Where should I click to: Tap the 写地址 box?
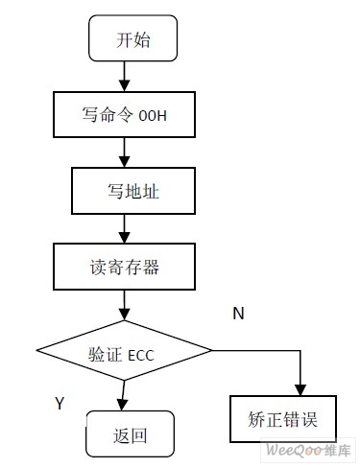[x=123, y=192]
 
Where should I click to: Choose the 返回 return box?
[x=131, y=434]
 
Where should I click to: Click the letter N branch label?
[x=238, y=313]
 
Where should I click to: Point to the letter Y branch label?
[x=60, y=404]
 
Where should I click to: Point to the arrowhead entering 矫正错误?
[x=301, y=388]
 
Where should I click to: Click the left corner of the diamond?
[x=37, y=354]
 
